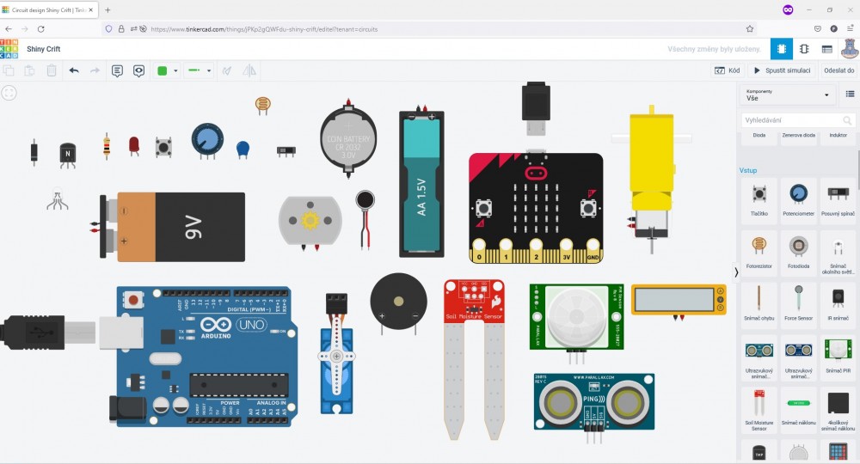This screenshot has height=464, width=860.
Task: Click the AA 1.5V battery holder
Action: (x=421, y=185)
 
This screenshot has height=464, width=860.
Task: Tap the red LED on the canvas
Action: (x=134, y=145)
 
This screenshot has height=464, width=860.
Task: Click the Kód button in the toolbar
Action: (x=727, y=70)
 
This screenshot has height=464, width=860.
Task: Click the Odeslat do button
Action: (x=838, y=70)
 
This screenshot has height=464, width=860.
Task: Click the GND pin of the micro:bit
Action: (x=593, y=256)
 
